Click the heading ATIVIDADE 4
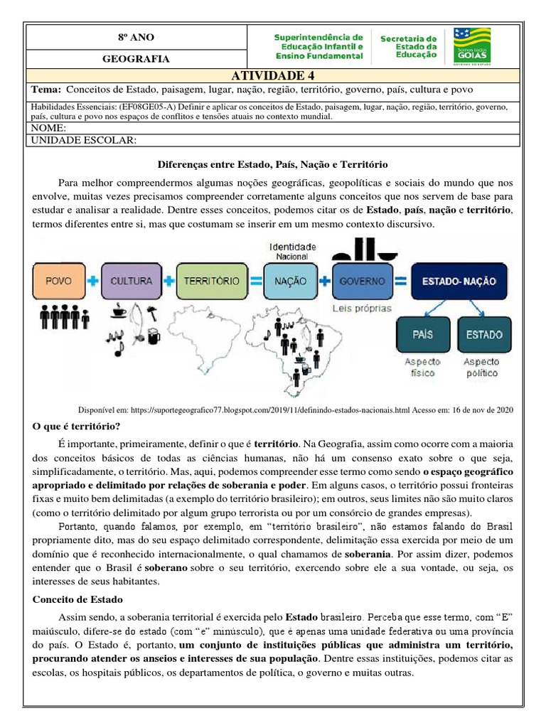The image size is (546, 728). coord(272,76)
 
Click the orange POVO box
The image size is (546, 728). coord(59,281)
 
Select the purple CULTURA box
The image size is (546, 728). coord(132,281)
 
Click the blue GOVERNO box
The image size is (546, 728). coord(361,281)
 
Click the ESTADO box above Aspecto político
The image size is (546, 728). coord(483,334)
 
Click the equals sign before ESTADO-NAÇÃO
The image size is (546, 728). coord(400,281)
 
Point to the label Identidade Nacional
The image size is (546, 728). coord(292,251)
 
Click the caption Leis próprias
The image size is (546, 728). coord(361,309)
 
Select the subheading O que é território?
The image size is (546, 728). coord(77,427)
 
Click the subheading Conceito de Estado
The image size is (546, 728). coord(78,599)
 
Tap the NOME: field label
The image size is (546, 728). coord(48,128)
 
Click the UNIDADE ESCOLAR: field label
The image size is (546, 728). coord(84,141)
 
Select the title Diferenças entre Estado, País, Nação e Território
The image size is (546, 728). coord(272,164)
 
